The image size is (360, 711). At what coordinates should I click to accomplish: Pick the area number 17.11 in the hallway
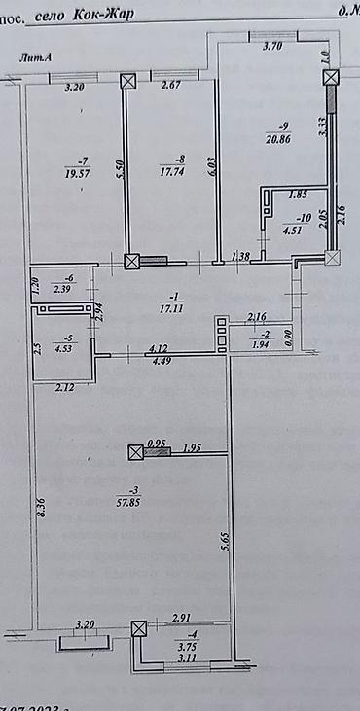pos(175,307)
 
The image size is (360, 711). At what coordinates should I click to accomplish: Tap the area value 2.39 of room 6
pos(63,288)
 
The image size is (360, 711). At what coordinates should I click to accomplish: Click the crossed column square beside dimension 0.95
pos(136,451)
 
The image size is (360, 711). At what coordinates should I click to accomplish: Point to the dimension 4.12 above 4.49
pos(160,345)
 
